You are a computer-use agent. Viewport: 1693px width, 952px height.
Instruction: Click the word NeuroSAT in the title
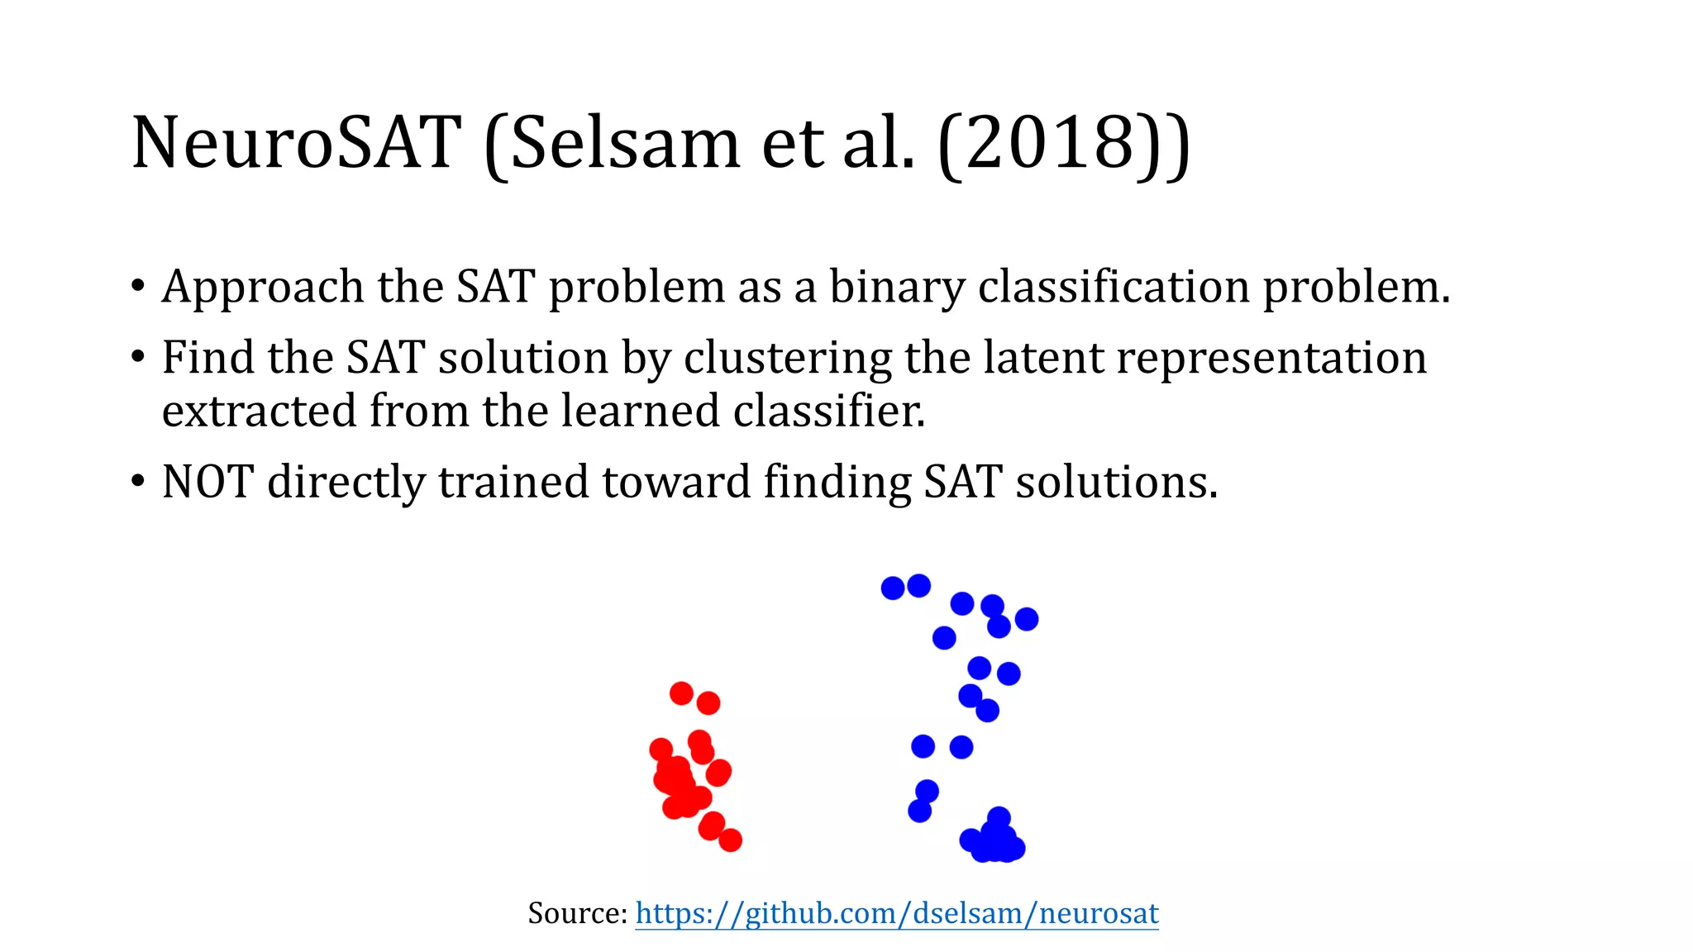tap(294, 142)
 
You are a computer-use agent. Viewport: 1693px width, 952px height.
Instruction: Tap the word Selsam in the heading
tap(625, 142)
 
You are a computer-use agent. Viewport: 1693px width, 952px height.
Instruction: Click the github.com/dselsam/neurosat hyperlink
tap(897, 913)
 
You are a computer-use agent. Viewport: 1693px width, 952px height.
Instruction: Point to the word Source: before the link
tap(578, 913)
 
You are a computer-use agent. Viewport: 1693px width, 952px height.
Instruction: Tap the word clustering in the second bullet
tap(788, 358)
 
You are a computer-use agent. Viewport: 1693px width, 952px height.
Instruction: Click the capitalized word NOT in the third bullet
tap(207, 482)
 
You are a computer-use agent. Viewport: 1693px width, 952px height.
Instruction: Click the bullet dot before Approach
tap(138, 288)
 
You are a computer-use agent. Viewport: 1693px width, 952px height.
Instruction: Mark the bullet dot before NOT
tap(138, 482)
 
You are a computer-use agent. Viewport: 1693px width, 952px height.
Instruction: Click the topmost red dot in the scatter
tap(681, 693)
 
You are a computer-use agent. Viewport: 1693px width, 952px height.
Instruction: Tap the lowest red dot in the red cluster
tap(730, 840)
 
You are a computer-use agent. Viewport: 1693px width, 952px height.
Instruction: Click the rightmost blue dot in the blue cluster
tap(1027, 619)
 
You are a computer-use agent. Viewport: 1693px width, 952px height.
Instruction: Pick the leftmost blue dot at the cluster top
tap(893, 588)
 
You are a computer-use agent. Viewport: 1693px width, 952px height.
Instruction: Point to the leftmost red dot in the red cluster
tap(661, 750)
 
